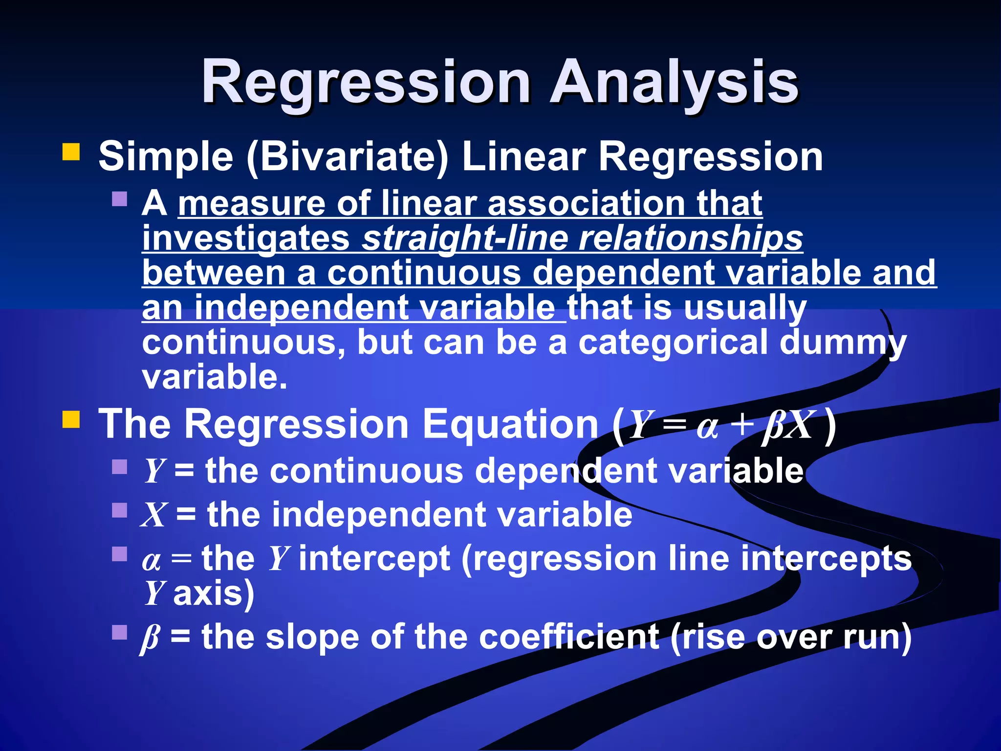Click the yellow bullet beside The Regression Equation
coord(71,419)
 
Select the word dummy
coord(843,343)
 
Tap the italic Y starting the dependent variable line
coord(154,471)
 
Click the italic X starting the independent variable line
coord(154,515)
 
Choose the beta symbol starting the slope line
coord(151,638)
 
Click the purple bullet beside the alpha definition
coord(119,554)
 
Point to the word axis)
coord(214,594)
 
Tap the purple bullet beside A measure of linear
coord(119,199)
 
